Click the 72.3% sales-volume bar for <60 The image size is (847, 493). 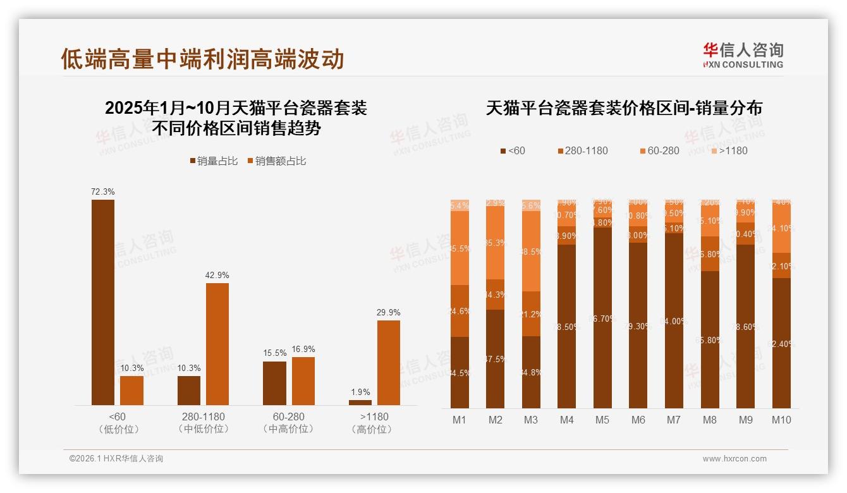coord(103,302)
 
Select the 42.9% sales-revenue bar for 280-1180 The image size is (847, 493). coord(217,344)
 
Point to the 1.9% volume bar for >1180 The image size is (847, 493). coord(360,403)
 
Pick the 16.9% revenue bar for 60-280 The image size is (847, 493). coord(303,380)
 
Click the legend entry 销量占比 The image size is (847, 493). coord(214,161)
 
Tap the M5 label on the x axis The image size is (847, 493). coord(602,420)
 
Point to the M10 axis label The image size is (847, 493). coord(781,420)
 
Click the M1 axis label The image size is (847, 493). coord(460,420)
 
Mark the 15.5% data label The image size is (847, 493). coord(274,353)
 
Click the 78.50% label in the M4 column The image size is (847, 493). coord(567,327)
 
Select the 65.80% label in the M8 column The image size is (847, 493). coord(710,340)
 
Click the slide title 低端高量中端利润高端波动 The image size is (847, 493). coord(202,59)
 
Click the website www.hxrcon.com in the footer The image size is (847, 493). coord(734,459)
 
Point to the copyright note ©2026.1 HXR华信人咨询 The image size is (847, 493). coord(116,459)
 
